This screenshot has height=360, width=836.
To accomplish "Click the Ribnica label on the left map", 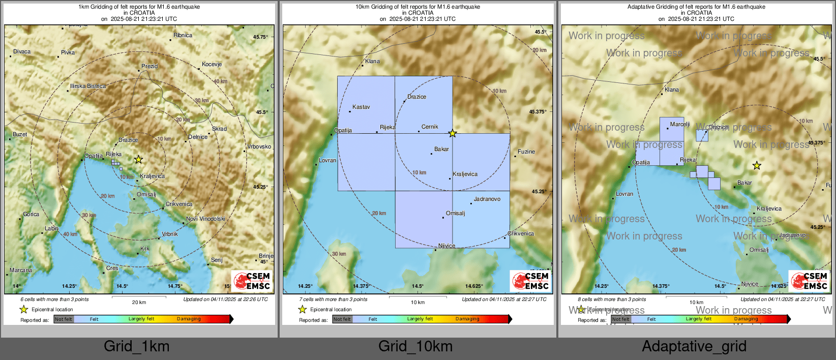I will point(183,35).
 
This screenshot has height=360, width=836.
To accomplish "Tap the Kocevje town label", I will point(212,64).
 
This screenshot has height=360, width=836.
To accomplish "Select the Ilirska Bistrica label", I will point(88,86).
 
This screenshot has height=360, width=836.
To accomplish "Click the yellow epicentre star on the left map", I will point(138,159).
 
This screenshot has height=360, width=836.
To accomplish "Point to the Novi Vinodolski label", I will point(205,219).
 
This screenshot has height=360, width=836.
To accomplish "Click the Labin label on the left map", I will point(51,228).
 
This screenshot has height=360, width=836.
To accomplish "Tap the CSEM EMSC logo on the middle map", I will point(530,280).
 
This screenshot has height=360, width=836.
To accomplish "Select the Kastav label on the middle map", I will point(361,107).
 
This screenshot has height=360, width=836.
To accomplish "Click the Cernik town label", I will point(430,127).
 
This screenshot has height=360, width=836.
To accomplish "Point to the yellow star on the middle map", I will point(453,133).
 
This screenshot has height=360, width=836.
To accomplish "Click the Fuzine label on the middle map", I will point(526,152).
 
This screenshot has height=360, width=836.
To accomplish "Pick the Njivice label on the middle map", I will point(446,246).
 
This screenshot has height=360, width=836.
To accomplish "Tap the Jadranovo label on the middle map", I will point(487,199).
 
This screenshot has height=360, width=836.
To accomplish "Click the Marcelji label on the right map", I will point(680,124).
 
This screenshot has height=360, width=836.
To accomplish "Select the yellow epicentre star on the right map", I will point(757,165).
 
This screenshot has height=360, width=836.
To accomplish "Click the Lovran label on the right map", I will point(624,194).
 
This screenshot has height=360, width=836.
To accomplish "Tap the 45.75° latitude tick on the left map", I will point(260,37).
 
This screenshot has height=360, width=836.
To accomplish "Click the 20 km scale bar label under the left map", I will point(139,302).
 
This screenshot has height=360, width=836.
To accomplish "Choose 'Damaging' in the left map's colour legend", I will point(189,319).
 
